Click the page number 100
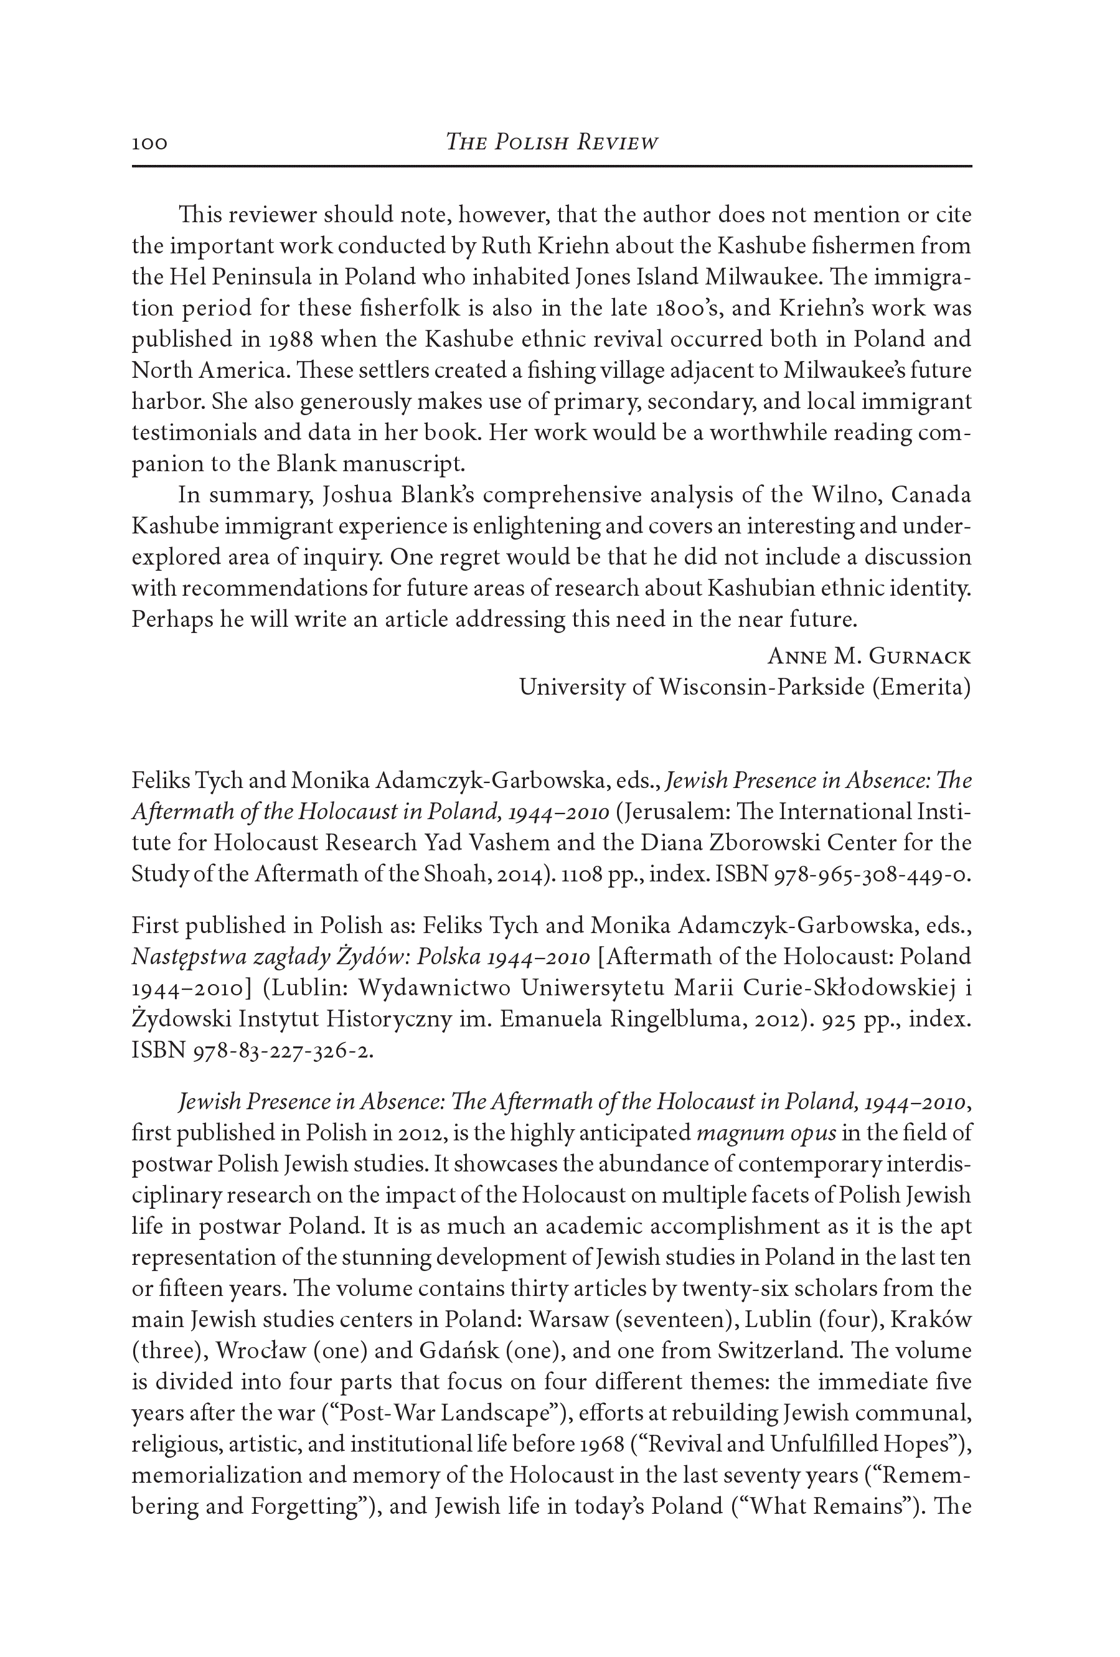point(149,143)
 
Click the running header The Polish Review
point(551,143)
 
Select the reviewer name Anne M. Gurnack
point(868,656)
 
